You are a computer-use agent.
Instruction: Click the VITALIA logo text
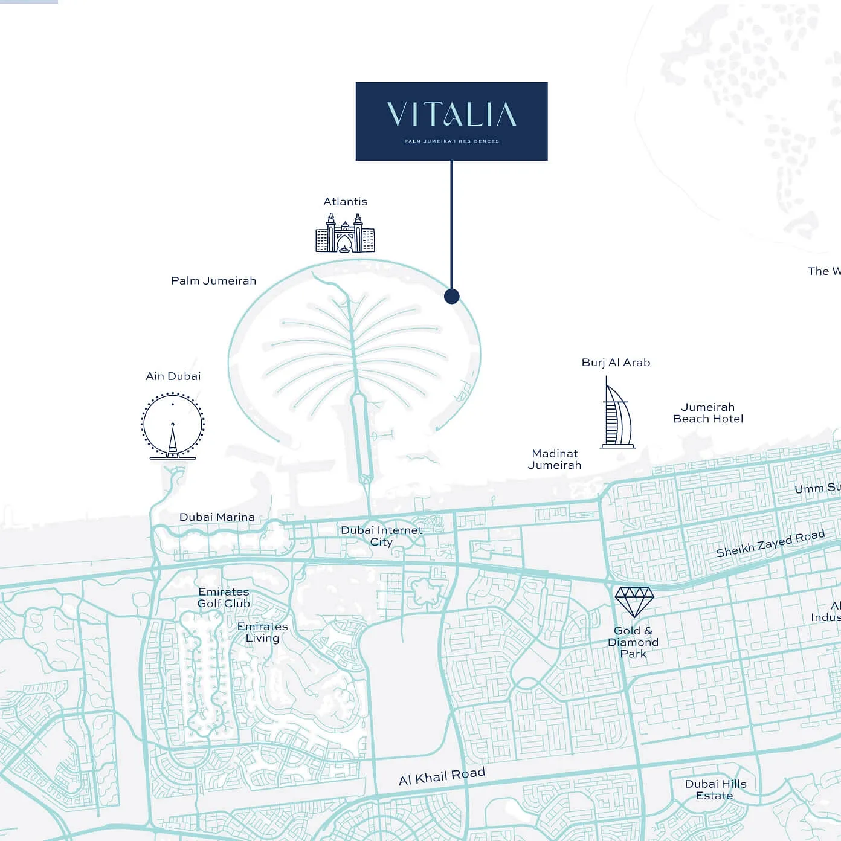click(x=451, y=115)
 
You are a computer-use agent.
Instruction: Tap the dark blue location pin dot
click(x=451, y=296)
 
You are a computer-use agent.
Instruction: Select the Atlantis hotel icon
click(x=345, y=233)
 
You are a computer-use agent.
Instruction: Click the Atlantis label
click(x=345, y=202)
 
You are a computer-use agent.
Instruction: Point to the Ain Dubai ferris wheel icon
click(x=173, y=425)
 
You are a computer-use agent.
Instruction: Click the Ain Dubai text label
click(x=173, y=376)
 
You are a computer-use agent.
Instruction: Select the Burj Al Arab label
click(x=616, y=362)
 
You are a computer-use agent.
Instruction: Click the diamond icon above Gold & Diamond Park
click(x=634, y=602)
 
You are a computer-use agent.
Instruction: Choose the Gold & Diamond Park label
click(x=633, y=642)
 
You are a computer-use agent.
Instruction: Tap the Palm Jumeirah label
click(x=213, y=281)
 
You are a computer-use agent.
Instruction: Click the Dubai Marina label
click(x=217, y=517)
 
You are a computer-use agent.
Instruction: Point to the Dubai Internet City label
click(x=381, y=536)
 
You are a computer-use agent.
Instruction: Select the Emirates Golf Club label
click(x=224, y=598)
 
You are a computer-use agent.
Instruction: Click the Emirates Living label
click(x=262, y=632)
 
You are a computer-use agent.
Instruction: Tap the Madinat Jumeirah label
click(x=555, y=459)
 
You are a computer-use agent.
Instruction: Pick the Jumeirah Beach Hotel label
click(x=707, y=413)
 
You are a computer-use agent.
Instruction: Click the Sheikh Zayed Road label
click(x=770, y=543)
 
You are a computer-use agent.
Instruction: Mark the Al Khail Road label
click(x=442, y=776)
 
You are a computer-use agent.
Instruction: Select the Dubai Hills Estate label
click(x=715, y=790)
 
